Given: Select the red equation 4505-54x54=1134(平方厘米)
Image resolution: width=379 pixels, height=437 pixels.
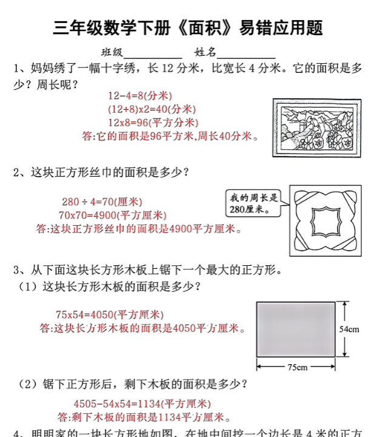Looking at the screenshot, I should point(142,404).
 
